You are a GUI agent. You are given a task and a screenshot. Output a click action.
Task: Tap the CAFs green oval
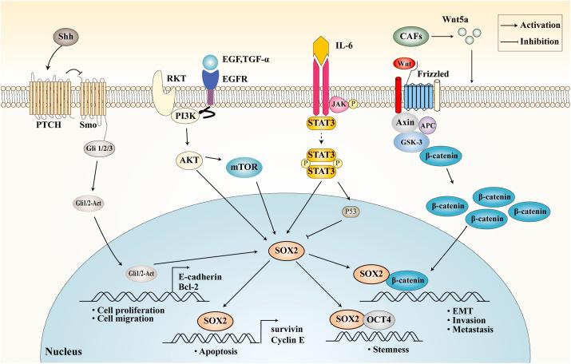point(410,35)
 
